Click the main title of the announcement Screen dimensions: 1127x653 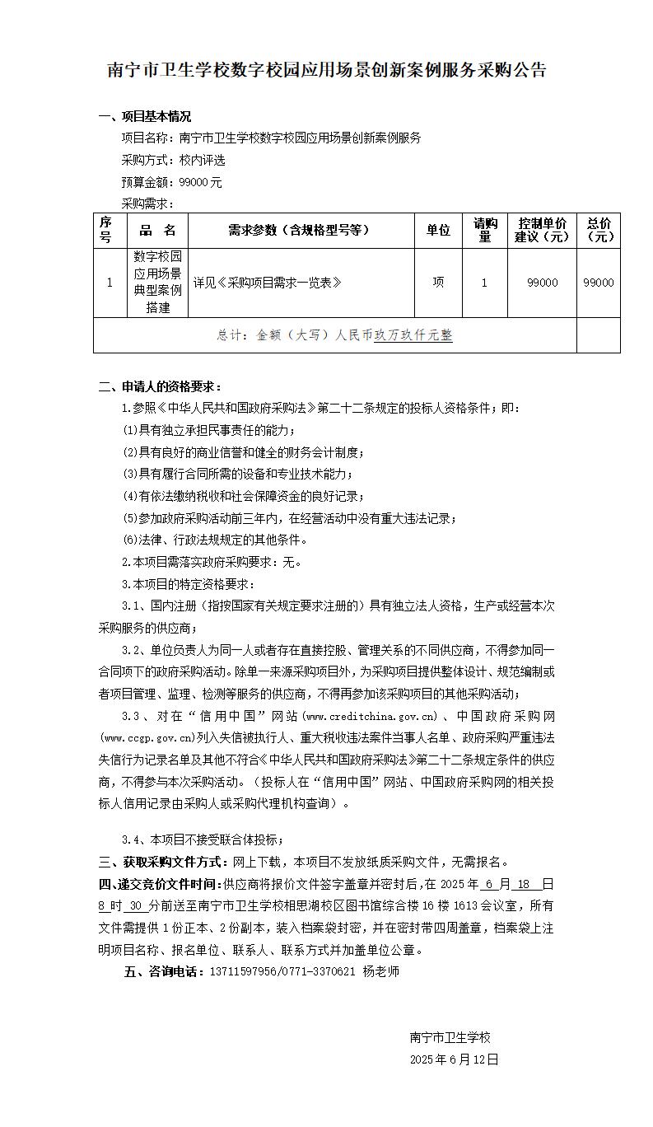[x=327, y=71]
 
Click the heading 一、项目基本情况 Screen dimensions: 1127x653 [x=145, y=116]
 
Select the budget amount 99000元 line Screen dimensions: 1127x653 [x=171, y=182]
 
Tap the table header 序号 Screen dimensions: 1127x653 [x=105, y=231]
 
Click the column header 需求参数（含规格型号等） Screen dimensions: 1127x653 [x=299, y=231]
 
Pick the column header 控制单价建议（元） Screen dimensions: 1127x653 [x=542, y=231]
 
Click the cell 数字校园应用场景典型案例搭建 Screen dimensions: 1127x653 [x=158, y=282]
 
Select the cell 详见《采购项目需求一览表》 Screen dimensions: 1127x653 [x=267, y=283]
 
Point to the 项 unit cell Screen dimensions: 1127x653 [x=438, y=283]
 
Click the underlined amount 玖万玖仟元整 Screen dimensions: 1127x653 [x=413, y=335]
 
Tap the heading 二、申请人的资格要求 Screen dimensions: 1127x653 [x=160, y=386]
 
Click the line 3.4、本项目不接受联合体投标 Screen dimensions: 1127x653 [x=203, y=839]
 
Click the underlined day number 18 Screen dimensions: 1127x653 [x=524, y=884]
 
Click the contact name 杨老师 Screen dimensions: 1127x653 [x=380, y=971]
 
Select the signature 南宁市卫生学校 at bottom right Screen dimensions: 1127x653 [x=450, y=1038]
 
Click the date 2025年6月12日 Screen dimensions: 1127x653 [x=454, y=1059]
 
